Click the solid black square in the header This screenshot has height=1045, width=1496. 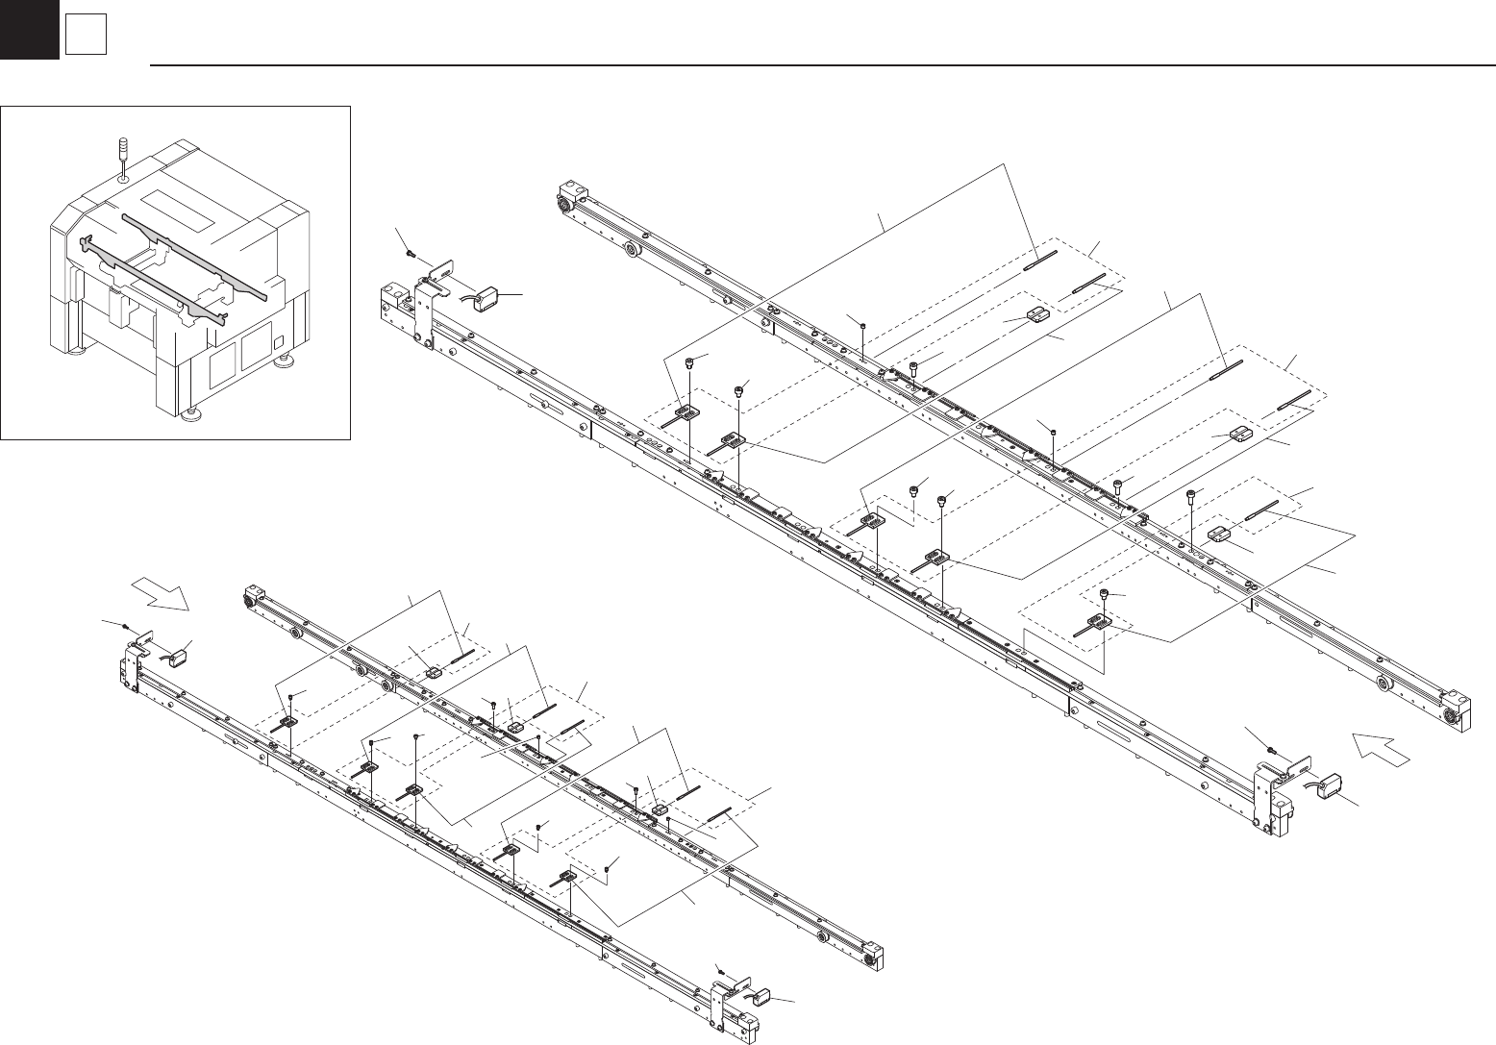click(x=29, y=29)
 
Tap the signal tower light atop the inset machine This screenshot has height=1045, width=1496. click(x=121, y=155)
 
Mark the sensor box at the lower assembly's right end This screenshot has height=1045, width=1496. click(x=763, y=994)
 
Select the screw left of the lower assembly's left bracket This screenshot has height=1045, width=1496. click(x=127, y=625)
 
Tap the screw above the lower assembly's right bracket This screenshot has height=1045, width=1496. click(x=719, y=967)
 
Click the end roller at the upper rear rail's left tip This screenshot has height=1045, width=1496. click(x=561, y=203)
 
